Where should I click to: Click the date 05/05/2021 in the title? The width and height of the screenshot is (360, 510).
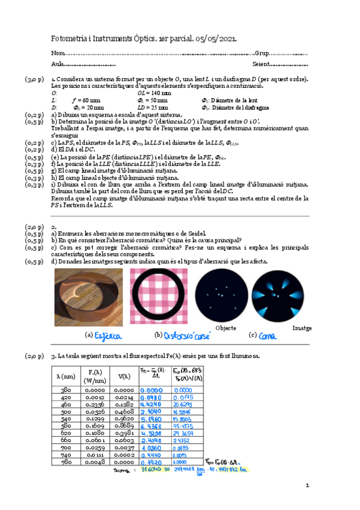point(216,39)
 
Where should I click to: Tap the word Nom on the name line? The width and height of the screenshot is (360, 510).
point(58,54)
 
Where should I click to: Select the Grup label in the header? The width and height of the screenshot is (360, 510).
point(262,54)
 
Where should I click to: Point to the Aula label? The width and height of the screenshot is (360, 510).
point(58,64)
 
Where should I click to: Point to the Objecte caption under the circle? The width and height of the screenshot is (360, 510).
point(225,328)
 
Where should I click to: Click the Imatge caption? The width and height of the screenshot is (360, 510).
point(302,328)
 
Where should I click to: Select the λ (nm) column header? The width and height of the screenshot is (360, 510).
point(66,376)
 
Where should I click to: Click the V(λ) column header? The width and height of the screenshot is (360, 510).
point(124,376)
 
